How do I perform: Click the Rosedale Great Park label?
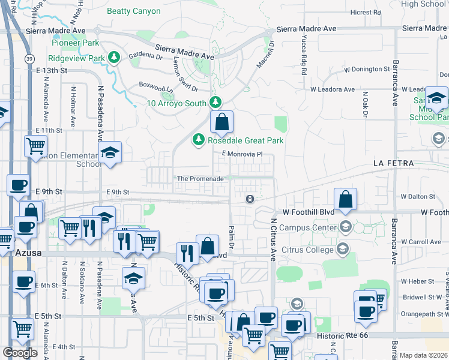pyautogui.click(x=246, y=140)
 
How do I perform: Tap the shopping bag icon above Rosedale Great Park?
pyautogui.click(x=221, y=122)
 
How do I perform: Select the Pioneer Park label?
pyautogui.click(x=75, y=43)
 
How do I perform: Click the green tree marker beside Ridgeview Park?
pyautogui.click(x=115, y=58)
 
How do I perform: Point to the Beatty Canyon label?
pyautogui.click(x=133, y=11)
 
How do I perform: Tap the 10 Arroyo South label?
pyautogui.click(x=176, y=103)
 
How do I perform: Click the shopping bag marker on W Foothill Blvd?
pyautogui.click(x=346, y=199)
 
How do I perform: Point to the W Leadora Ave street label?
pyautogui.click(x=332, y=89)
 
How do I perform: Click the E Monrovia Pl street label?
pyautogui.click(x=243, y=154)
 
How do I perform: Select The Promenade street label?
pyautogui.click(x=200, y=179)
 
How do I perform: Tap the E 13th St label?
pyautogui.click(x=49, y=70)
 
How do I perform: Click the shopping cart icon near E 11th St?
pyautogui.click(x=36, y=145)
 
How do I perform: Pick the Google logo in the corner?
pyautogui.click(x=20, y=353)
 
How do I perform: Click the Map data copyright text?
pyautogui.click(x=424, y=355)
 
